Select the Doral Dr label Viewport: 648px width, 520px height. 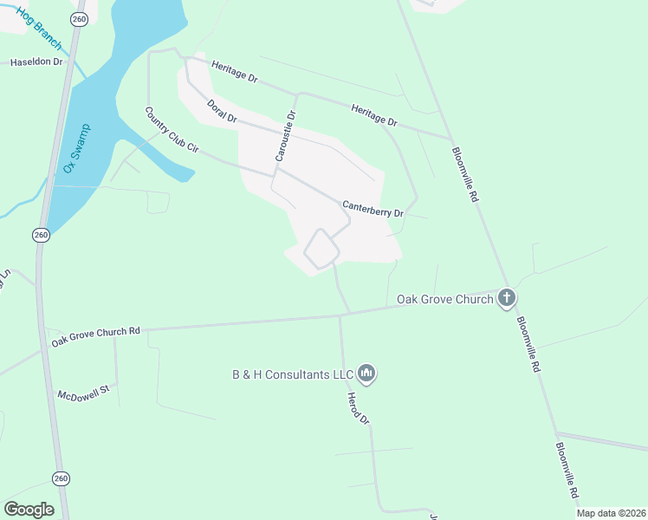[x=222, y=111]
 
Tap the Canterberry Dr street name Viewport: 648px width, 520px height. [x=373, y=208]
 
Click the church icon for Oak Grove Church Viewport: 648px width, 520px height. [x=507, y=299]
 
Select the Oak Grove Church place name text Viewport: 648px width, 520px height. [x=445, y=300]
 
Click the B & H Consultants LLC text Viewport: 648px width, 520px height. [x=293, y=374]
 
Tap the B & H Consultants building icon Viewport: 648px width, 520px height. [x=366, y=374]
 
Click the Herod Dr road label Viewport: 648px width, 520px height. [x=359, y=407]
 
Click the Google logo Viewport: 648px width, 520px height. [x=29, y=510]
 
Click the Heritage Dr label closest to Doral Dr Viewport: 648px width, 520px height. [x=234, y=76]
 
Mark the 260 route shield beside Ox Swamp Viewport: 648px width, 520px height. [x=41, y=235]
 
